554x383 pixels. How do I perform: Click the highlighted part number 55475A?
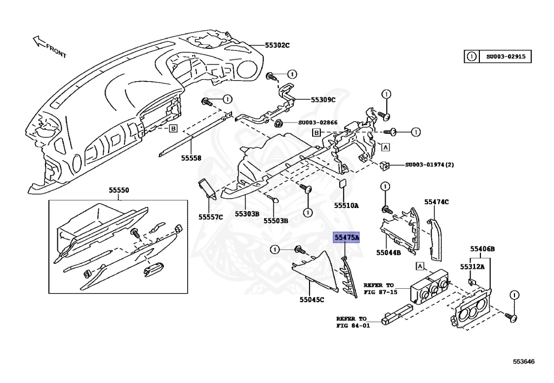click(x=347, y=237)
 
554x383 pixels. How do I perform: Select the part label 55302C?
click(x=277, y=45)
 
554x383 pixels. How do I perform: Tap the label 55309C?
click(x=323, y=100)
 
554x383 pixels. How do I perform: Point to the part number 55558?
click(x=191, y=158)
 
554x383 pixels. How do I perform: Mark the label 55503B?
click(x=276, y=220)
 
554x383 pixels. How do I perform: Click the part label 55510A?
click(x=346, y=206)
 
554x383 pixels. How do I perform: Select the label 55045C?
click(x=312, y=300)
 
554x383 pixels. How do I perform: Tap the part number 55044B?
click(x=388, y=252)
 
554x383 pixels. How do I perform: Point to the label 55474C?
click(x=437, y=202)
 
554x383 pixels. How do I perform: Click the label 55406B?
click(x=482, y=249)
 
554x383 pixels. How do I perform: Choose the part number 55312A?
click(x=472, y=267)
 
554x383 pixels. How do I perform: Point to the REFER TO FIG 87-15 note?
click(x=380, y=288)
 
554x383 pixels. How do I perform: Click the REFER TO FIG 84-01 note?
click(x=352, y=322)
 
